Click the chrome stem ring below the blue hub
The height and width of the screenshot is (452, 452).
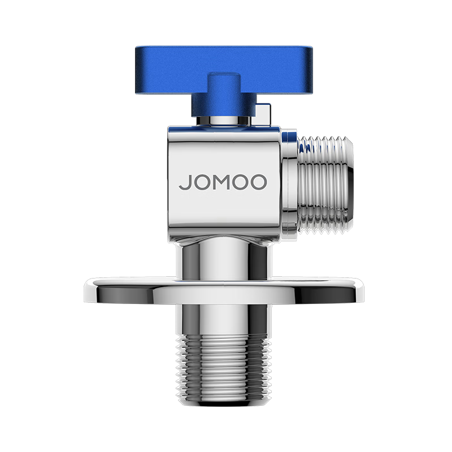click(225, 120)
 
